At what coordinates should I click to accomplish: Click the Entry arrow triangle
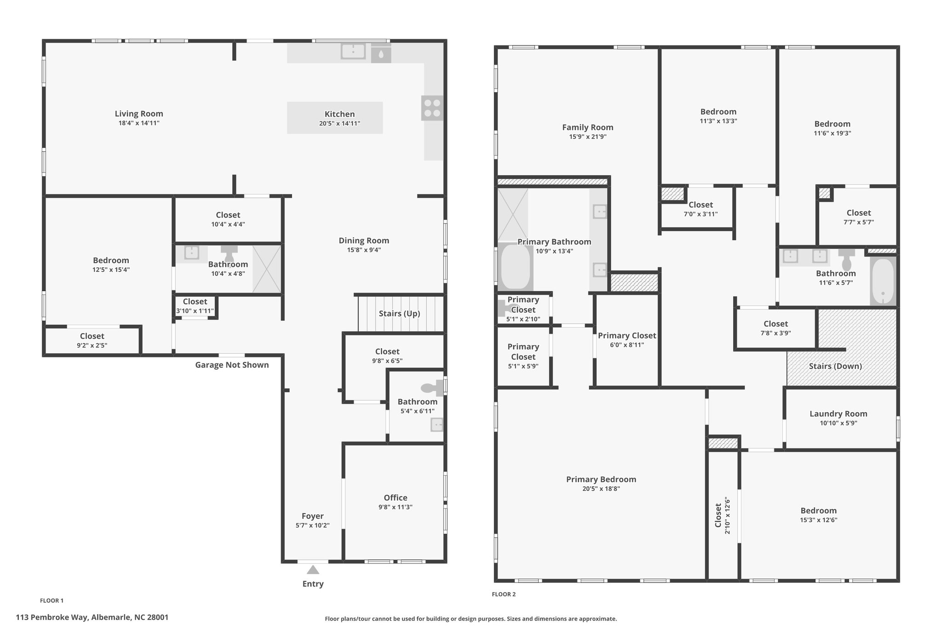(x=313, y=570)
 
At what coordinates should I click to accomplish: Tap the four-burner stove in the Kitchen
(x=432, y=108)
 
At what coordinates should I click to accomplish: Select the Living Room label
(x=139, y=114)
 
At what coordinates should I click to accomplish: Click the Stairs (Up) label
(x=399, y=314)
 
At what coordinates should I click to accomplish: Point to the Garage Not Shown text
(x=232, y=365)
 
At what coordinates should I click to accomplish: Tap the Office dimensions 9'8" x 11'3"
(x=395, y=507)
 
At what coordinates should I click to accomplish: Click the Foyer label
(x=313, y=516)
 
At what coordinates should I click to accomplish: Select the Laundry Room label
(x=839, y=414)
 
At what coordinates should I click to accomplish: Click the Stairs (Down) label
(x=835, y=366)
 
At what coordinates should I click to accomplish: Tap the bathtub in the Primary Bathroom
(x=516, y=267)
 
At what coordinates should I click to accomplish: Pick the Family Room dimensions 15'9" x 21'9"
(x=588, y=137)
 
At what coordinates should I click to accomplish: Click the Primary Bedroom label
(x=601, y=479)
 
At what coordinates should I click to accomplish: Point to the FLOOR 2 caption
(x=504, y=594)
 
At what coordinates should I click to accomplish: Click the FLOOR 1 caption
(x=52, y=600)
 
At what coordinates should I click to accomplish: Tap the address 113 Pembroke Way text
(x=52, y=617)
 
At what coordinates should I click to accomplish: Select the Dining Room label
(x=364, y=241)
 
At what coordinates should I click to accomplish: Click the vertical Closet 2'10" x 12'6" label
(x=722, y=515)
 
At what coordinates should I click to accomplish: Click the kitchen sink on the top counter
(x=353, y=52)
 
